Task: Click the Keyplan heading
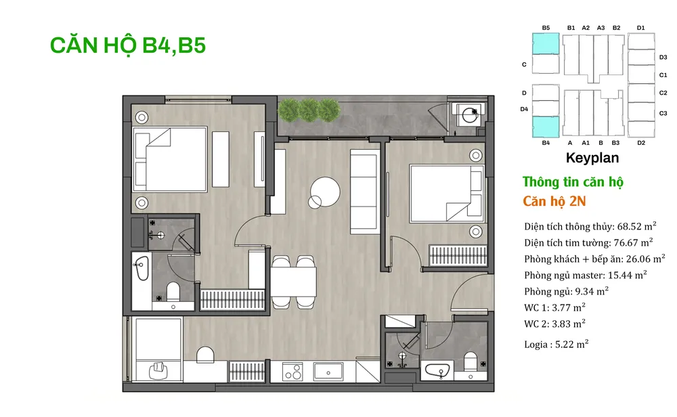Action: coord(592,158)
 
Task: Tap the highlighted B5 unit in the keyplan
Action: coord(546,44)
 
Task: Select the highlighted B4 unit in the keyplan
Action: coord(546,127)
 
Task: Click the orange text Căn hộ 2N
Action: coord(554,202)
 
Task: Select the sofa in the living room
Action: coord(365,191)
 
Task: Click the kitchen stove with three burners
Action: coord(292,372)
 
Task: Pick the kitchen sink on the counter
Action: coord(328,372)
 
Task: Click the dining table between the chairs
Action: coord(294,282)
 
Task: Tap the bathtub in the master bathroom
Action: coord(141,269)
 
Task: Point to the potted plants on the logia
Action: coord(309,110)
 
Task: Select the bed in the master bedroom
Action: coord(170,159)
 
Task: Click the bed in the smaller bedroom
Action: coord(447,194)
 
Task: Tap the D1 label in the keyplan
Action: coord(640,28)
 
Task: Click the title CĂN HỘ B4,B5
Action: coord(128,45)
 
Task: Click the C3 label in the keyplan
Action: coord(663,113)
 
